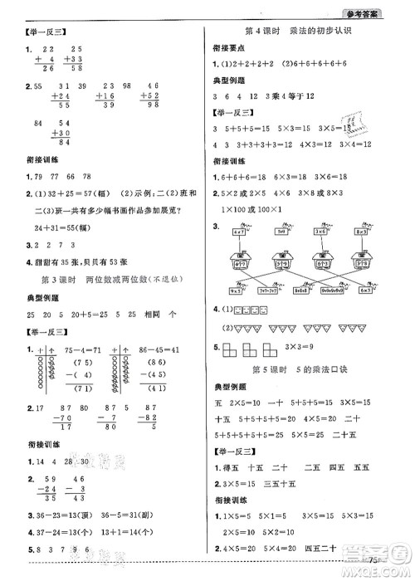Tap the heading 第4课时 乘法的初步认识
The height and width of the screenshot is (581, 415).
[305, 31]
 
